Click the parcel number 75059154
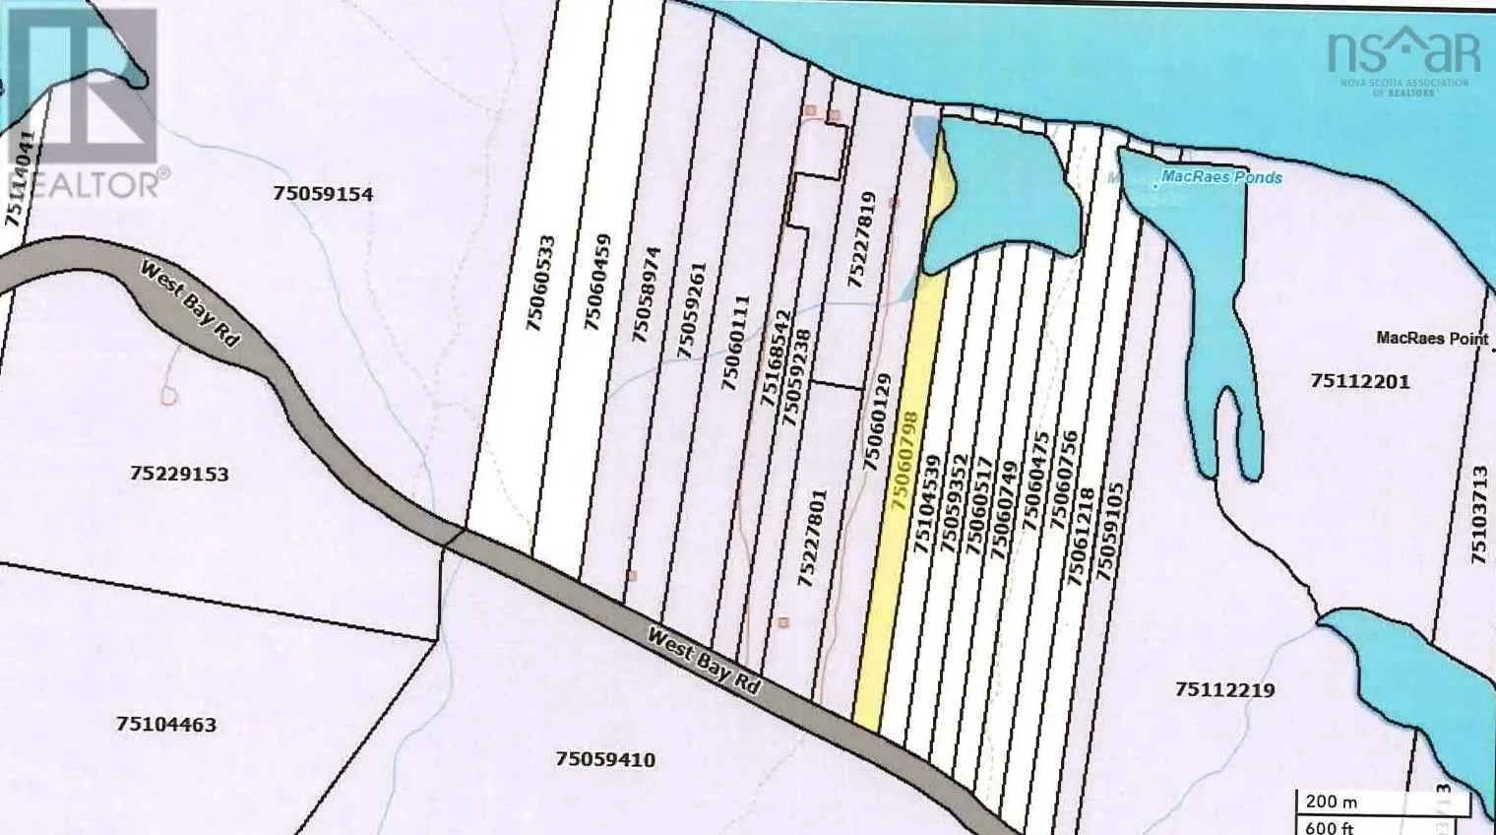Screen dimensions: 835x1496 click(x=323, y=194)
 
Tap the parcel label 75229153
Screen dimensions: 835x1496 click(x=179, y=474)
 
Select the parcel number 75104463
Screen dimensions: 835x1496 click(x=165, y=725)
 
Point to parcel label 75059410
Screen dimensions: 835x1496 click(x=605, y=759)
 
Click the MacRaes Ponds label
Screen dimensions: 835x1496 click(x=1221, y=177)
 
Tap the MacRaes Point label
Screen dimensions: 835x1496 click(x=1432, y=338)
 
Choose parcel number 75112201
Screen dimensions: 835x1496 click(x=1360, y=381)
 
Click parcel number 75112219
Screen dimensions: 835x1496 click(x=1224, y=689)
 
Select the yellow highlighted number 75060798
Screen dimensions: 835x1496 click(x=904, y=460)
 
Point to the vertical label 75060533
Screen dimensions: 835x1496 click(x=541, y=282)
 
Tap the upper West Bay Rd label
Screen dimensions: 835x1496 click(x=191, y=302)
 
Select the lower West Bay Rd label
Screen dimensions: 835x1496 click(x=704, y=661)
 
